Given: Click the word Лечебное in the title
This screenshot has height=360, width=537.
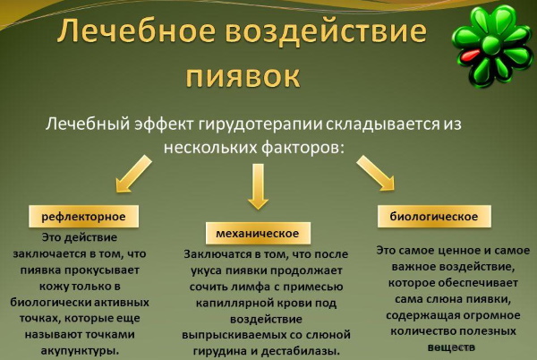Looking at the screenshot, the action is tap(136, 30).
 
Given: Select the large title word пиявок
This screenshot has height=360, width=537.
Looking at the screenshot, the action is tap(243, 77).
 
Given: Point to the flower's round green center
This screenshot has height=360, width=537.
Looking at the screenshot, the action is tap(492, 45).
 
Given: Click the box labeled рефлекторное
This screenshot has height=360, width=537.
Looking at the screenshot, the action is tap(83, 217).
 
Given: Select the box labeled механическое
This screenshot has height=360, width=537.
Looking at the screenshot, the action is tap(258, 233).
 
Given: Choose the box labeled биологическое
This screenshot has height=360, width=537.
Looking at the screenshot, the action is tap(434, 216).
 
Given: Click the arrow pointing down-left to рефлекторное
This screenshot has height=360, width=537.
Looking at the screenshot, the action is tap(133, 174).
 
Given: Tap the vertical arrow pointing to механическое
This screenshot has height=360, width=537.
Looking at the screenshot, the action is tap(258, 186).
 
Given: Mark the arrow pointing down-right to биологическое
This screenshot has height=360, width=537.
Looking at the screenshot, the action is tap(376, 173).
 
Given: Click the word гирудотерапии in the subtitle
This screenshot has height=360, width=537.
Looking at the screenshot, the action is tap(260, 124).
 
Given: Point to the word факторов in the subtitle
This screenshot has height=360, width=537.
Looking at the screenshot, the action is tap(303, 148).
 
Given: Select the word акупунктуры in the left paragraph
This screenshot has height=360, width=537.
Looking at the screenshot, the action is tap(81, 351).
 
